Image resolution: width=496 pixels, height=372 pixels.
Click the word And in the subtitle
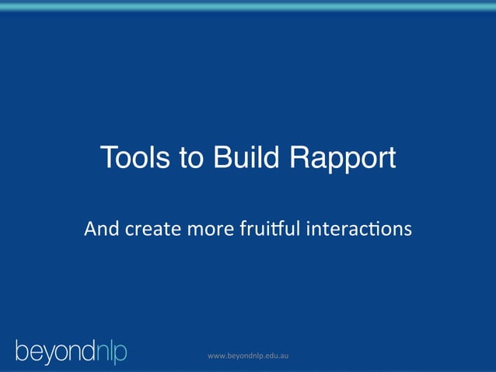100,230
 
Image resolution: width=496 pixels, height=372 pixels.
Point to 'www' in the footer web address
216,356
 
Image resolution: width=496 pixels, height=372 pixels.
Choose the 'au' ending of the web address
286,356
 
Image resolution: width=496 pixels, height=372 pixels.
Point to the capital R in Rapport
300,159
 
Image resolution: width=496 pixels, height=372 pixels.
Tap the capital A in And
90,230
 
